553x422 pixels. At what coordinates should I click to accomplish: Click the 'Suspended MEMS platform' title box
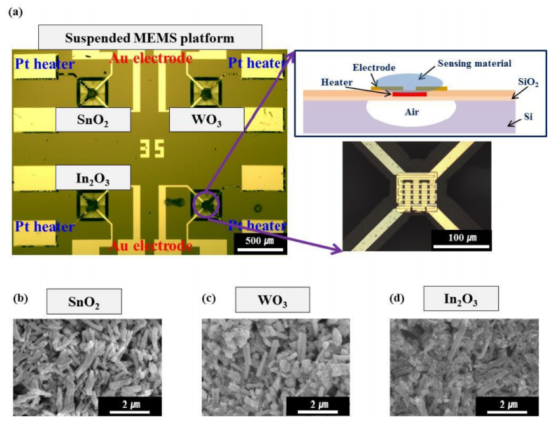[150, 38]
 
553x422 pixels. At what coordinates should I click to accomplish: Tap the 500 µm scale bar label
[260, 241]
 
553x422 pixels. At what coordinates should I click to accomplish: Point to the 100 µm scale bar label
[462, 237]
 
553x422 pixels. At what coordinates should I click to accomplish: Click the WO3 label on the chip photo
[207, 120]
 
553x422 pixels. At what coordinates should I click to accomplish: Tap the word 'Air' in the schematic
[412, 112]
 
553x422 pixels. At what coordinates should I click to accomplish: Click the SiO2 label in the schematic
[528, 82]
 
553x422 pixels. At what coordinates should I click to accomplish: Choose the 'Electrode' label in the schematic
[374, 67]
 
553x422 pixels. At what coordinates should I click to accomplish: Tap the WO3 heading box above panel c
[272, 300]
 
